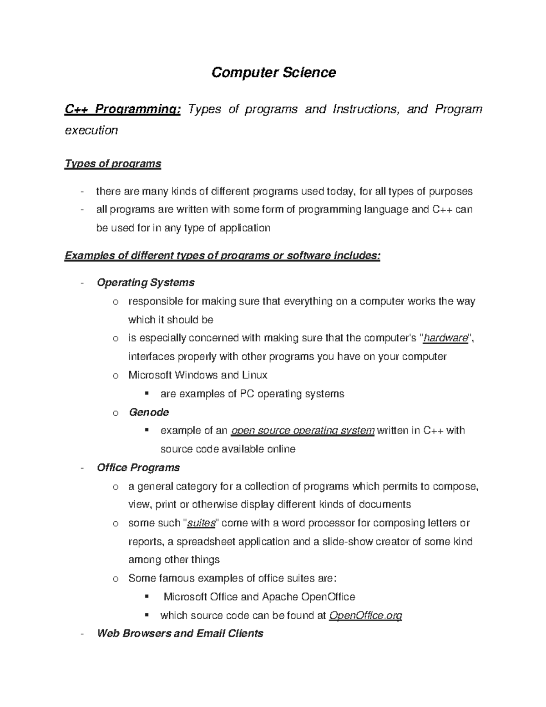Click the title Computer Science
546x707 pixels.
coord(273,72)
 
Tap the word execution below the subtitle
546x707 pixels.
coord(91,130)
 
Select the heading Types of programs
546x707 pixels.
coord(113,163)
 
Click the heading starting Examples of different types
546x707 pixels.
coord(222,255)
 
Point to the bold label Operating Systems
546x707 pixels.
coord(146,283)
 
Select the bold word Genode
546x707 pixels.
coord(149,412)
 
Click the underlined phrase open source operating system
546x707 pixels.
coord(303,431)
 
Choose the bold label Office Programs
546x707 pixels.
coord(138,468)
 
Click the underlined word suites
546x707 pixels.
coord(201,524)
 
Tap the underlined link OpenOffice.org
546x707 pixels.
coord(365,616)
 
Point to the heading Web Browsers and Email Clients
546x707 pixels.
coord(180,634)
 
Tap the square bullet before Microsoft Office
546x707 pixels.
coord(147,597)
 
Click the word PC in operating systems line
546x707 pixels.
coord(247,394)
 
